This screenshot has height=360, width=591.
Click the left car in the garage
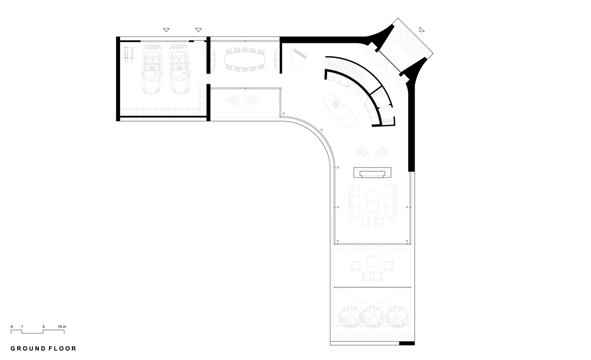click(152, 69)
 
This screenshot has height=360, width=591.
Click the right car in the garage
click(179, 69)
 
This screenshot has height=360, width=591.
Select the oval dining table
click(245, 60)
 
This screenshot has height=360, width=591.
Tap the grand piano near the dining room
click(298, 59)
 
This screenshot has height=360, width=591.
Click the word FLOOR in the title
click(63, 348)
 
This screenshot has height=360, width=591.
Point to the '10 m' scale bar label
click(62, 327)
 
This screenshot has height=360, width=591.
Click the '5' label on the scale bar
click(43, 327)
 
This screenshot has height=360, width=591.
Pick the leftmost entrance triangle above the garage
click(166, 30)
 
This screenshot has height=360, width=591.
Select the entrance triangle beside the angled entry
click(422, 30)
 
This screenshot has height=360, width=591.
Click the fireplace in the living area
click(372, 173)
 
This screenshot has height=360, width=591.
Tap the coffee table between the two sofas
click(372, 201)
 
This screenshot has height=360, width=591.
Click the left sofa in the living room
click(354, 201)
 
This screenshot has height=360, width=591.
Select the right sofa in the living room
click(391, 201)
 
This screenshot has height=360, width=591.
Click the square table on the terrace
click(372, 262)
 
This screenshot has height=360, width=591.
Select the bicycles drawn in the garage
click(129, 55)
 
